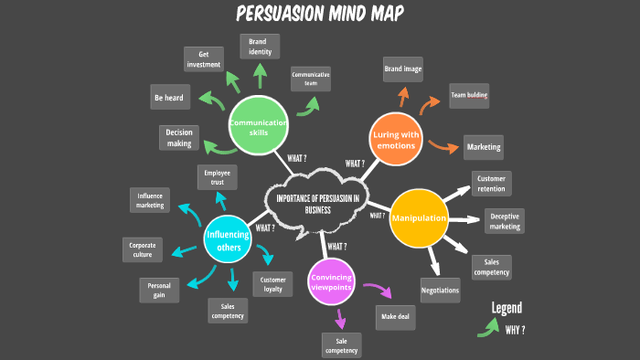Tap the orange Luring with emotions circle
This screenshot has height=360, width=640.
click(396, 140)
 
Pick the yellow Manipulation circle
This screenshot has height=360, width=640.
click(420, 218)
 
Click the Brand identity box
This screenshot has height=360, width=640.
click(260, 48)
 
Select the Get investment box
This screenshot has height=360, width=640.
click(203, 59)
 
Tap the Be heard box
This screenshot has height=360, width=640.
click(170, 97)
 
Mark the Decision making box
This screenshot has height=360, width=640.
click(178, 137)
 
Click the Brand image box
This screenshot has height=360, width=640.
click(403, 69)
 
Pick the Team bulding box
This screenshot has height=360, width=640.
click(467, 95)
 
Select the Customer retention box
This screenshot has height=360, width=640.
click(491, 183)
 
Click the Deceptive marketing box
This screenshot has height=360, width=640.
click(505, 221)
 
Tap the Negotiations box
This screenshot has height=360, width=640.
click(440, 290)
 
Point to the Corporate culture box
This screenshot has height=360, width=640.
click(142, 250)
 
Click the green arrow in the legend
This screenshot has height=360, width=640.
click(487, 327)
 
